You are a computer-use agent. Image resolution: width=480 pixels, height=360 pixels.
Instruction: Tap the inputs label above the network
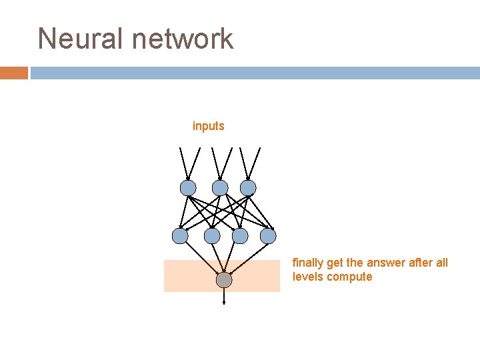tap(208, 126)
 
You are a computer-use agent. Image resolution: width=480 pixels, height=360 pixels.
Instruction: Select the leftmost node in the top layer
tap(188, 187)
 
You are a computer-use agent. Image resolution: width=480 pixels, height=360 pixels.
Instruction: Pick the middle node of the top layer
tap(220, 187)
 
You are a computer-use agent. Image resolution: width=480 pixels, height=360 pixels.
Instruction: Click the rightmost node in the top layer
tap(248, 187)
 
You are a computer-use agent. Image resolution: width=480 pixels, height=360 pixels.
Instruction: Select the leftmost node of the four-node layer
tap(180, 235)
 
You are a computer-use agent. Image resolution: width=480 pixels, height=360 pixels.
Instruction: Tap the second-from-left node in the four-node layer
tap(212, 235)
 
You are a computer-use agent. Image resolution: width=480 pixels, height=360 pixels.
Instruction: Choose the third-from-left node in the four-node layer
tap(240, 235)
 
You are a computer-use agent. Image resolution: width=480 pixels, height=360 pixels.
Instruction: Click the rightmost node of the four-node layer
tap(268, 235)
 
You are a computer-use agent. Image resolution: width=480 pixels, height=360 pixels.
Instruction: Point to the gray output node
tap(224, 280)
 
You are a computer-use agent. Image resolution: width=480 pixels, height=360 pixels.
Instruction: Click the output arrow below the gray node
tap(224, 297)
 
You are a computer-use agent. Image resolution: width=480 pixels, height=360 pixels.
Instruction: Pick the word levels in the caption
tap(308, 277)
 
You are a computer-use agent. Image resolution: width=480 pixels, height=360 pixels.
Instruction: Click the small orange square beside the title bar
tap(13, 73)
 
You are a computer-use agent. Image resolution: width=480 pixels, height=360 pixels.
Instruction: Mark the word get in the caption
tap(336, 263)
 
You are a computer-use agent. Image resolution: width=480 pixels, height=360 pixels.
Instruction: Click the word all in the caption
tap(442, 263)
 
